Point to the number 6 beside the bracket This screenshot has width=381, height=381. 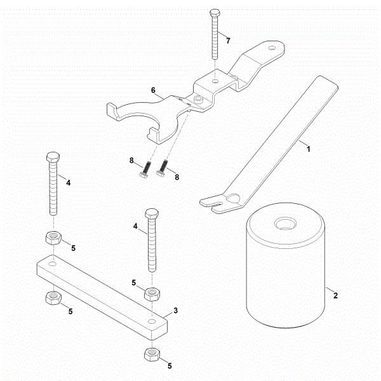click(x=153, y=91)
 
